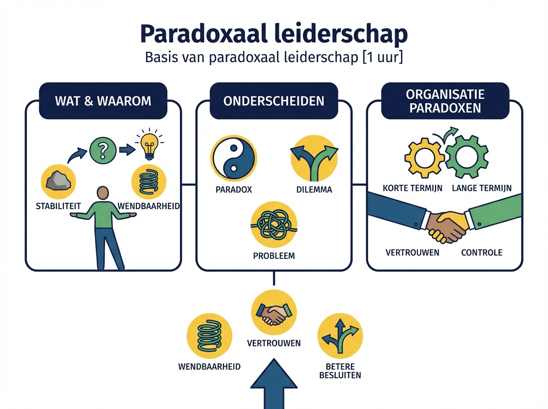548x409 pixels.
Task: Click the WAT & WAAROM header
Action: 103,100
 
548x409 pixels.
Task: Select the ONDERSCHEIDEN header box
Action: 274,100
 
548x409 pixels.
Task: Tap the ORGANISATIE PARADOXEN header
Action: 445,101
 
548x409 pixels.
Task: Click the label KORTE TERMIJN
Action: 412,188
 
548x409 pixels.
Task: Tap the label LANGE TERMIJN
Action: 481,188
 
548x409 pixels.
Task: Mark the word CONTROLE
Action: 481,252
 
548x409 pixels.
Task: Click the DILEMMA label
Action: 314,189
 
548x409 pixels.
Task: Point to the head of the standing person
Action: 104,193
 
